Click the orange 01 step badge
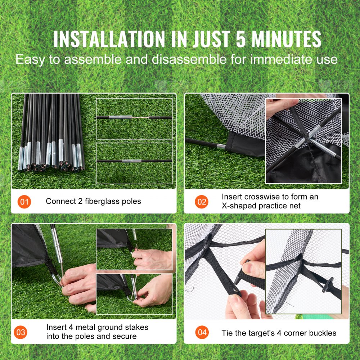pyautogui.click(x=24, y=202)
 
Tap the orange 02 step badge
pyautogui.click(x=202, y=202)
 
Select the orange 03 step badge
pyautogui.click(x=21, y=332)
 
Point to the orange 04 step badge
pyautogui.click(x=202, y=332)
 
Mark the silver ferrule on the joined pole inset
pyautogui.click(x=129, y=161)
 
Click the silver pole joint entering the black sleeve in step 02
pyautogui.click(x=221, y=146)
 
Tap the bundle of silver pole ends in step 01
pyautogui.click(x=50, y=158)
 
